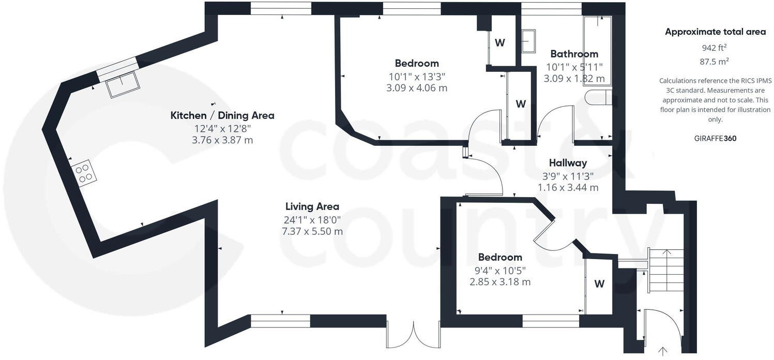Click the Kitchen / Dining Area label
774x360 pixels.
click(x=222, y=115)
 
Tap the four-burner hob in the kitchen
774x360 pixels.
click(x=85, y=173)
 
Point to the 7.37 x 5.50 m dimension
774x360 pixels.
click(x=312, y=231)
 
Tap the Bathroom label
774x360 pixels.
click(x=574, y=54)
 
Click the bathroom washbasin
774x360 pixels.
click(x=528, y=41)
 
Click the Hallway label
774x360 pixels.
click(x=568, y=163)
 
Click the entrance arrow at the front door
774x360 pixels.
click(x=662, y=352)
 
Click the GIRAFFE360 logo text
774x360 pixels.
click(x=715, y=138)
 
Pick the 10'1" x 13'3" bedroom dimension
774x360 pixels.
click(x=417, y=76)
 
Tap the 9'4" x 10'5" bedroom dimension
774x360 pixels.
click(x=500, y=269)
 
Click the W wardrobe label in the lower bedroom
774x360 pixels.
click(x=599, y=283)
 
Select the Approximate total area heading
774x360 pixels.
click(x=715, y=32)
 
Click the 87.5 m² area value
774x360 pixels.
click(x=715, y=61)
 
